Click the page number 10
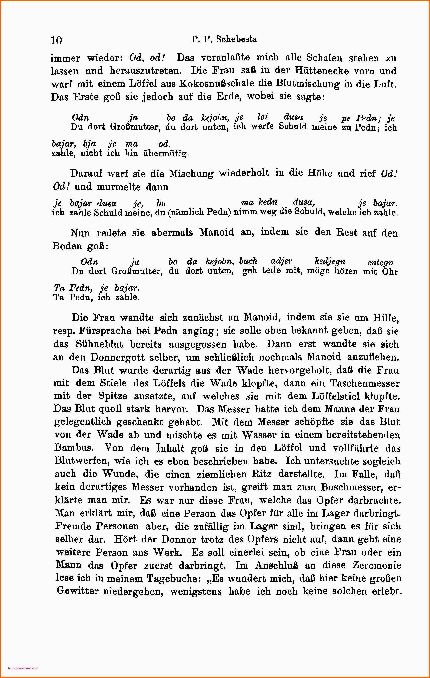tap(56, 40)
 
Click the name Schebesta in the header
tap(236, 39)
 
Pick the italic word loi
tap(263, 117)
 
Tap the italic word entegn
tap(380, 263)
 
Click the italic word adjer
tap(281, 261)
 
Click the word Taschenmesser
tap(365, 383)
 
